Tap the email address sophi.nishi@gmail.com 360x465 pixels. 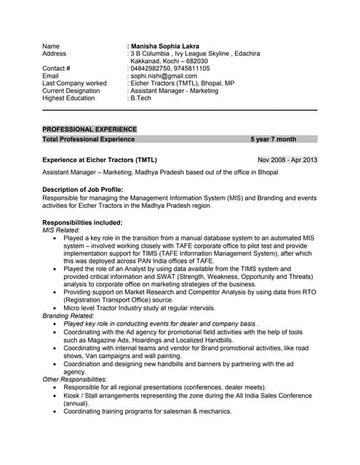pyautogui.click(x=163, y=76)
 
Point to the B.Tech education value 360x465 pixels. pyautogui.click(x=143, y=98)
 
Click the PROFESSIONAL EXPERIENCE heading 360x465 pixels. pyautogui.click(x=89, y=129)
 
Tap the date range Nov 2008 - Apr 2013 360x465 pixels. pyautogui.click(x=288, y=159)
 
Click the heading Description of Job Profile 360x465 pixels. pyautogui.click(x=82, y=190)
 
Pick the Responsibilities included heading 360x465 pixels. pyautogui.click(x=82, y=222)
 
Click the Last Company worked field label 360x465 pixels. pyautogui.click(x=75, y=83)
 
